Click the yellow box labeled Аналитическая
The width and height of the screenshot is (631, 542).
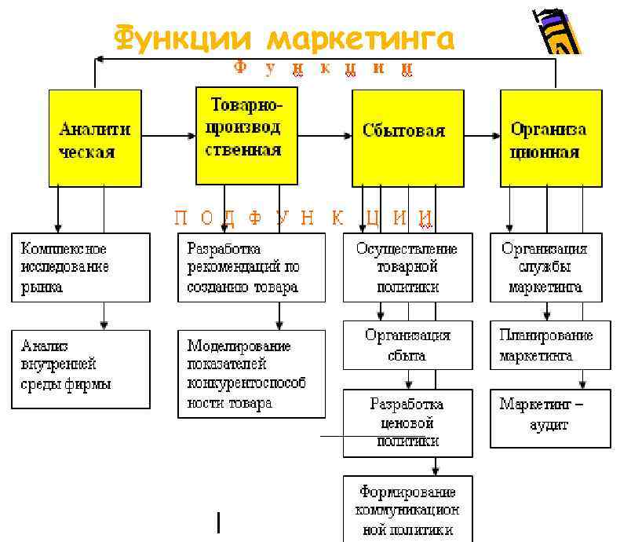click(95, 138)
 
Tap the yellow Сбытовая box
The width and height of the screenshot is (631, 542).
click(403, 136)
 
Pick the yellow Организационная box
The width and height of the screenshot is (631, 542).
click(550, 138)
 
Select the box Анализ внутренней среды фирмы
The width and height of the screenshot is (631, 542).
click(81, 368)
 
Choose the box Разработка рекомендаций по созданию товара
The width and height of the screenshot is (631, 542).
click(251, 267)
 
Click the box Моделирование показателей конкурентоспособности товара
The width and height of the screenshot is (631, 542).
click(251, 374)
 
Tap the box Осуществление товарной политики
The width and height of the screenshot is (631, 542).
click(407, 267)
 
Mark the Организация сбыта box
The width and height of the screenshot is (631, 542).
click(407, 345)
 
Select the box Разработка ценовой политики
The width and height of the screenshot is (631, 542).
click(407, 423)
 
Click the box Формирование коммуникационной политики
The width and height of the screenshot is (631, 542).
click(407, 509)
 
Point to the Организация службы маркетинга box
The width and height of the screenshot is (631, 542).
click(545, 267)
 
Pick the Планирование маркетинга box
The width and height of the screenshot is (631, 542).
click(549, 345)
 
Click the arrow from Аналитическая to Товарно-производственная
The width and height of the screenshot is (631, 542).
click(169, 136)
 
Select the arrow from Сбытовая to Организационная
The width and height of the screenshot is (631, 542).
click(477, 136)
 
